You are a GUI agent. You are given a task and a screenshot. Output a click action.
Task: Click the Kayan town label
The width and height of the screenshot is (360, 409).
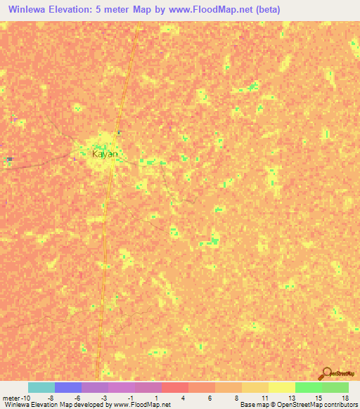105,153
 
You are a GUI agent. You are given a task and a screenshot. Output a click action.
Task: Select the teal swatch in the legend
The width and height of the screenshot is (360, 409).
41,387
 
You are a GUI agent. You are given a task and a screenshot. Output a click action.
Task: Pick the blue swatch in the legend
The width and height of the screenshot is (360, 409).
68,387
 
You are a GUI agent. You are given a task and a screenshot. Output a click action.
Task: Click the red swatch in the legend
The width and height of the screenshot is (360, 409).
175,387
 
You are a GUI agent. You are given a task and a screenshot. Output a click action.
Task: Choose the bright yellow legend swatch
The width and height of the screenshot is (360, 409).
282,387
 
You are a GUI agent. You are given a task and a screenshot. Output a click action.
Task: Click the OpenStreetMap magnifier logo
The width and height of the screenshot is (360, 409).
325,372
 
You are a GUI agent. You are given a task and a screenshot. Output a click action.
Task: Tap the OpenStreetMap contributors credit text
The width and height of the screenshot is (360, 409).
323,405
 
